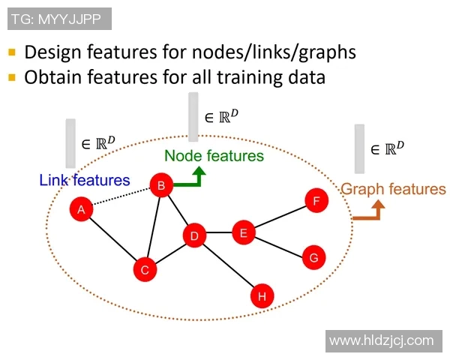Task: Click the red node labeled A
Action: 81,210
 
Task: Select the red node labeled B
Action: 161,186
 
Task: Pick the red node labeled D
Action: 194,237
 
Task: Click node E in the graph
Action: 243,233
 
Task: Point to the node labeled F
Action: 316,201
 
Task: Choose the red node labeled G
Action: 313,258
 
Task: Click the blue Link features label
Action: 84,180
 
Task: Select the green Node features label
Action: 214,156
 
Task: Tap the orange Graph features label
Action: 393,190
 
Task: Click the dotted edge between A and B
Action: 121,198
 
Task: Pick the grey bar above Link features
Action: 70,143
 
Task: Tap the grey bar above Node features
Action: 193,117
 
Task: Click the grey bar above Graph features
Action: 360,148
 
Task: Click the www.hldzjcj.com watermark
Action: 381,340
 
